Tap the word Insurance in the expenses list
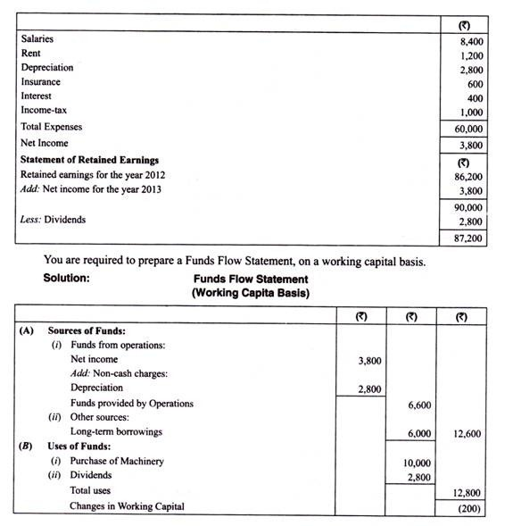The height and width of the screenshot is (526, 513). coord(40,81)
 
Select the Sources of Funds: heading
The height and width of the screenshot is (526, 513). coord(87,330)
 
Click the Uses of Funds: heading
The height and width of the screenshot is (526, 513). coord(79,446)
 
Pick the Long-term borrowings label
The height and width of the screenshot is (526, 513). coord(118,432)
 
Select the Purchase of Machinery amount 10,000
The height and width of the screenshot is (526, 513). coord(415,462)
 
